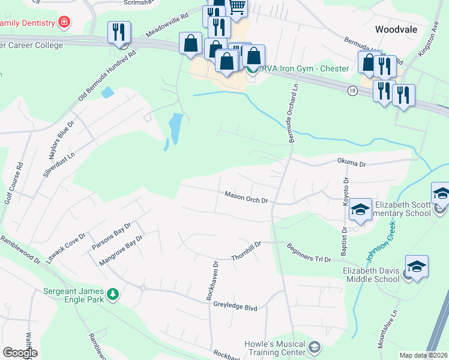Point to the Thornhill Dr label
[246, 251]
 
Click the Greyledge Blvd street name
[235, 307]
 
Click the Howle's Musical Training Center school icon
[314, 347]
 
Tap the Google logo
[20, 353]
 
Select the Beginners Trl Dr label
[309, 253]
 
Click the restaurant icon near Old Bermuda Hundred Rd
[118, 32]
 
